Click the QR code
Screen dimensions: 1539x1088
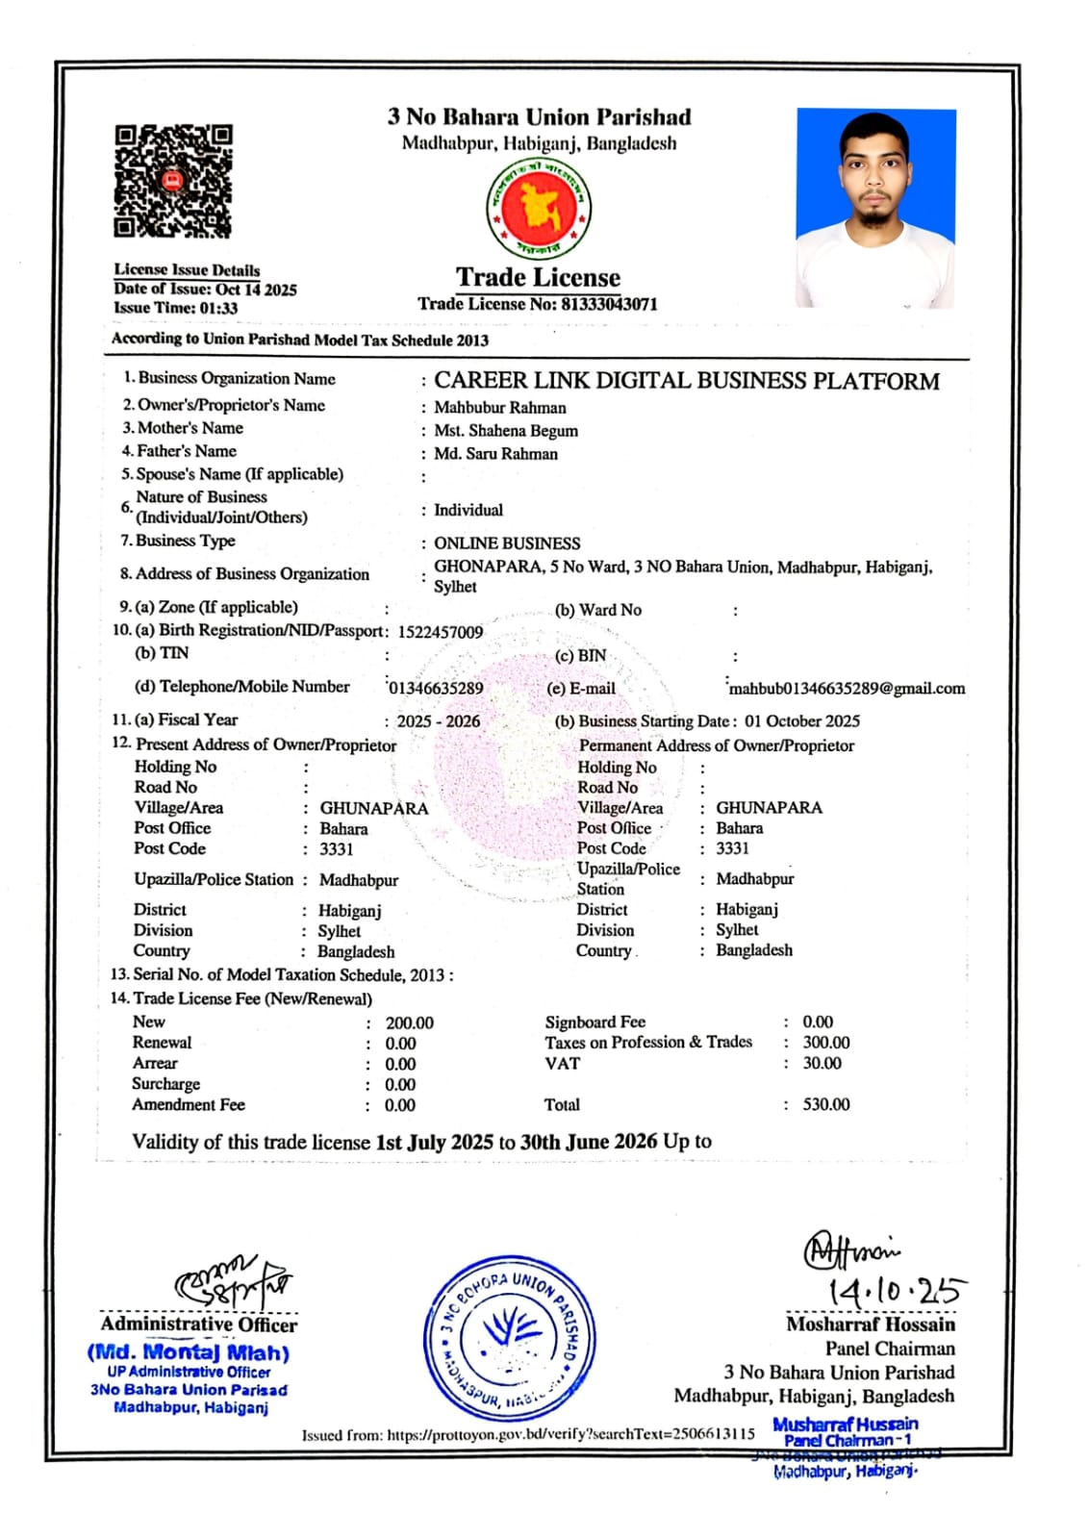click(x=173, y=181)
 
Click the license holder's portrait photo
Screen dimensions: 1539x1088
click(x=875, y=208)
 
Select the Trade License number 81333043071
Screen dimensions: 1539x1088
click(x=609, y=304)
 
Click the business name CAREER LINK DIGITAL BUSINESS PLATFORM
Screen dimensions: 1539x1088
click(x=686, y=381)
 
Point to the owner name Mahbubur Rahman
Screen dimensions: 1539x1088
click(x=499, y=408)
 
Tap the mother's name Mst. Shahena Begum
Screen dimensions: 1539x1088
click(x=505, y=431)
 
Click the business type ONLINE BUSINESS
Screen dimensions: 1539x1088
click(x=507, y=543)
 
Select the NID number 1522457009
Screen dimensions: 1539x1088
click(x=440, y=632)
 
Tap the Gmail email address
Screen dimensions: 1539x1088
click(x=847, y=689)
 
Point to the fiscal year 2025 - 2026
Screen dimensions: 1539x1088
click(x=438, y=721)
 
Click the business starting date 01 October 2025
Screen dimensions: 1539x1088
click(x=801, y=721)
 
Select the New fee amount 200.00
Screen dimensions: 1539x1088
click(x=409, y=1023)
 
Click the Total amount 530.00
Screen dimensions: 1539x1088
click(x=825, y=1105)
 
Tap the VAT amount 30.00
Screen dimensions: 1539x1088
click(x=822, y=1064)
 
